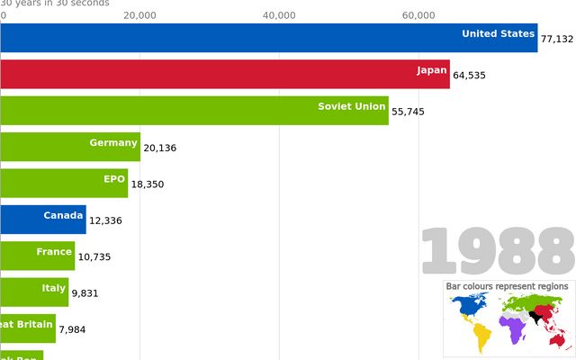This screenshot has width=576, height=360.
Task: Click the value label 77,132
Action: click(556, 40)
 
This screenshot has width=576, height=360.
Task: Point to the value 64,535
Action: click(469, 76)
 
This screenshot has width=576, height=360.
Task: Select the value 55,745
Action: click(408, 112)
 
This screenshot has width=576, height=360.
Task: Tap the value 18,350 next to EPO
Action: click(148, 184)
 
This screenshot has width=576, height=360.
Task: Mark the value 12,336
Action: click(105, 220)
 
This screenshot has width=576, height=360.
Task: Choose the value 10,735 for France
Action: click(94, 256)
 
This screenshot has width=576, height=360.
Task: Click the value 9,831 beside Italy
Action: click(86, 293)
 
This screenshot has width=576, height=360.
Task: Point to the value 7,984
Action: click(75, 329)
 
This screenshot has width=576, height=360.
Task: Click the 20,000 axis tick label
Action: click(139, 15)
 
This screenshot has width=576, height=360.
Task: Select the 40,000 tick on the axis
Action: click(279, 15)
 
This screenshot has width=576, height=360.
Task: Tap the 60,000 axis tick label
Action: click(418, 15)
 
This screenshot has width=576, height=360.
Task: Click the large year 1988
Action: click(498, 250)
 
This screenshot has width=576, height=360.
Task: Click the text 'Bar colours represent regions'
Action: click(508, 286)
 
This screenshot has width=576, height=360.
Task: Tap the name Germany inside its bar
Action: click(113, 143)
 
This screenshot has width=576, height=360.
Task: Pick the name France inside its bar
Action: click(54, 252)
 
